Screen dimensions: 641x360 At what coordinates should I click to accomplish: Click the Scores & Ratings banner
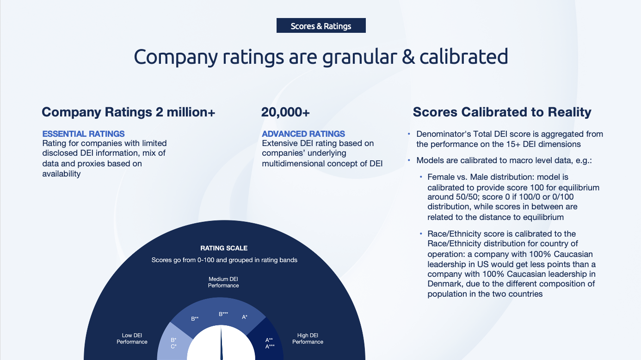click(321, 25)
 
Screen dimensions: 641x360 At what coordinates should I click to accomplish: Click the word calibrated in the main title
click(463, 57)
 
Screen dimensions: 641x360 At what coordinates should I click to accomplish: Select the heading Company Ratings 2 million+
click(128, 112)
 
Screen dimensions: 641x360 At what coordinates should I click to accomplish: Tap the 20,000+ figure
click(285, 112)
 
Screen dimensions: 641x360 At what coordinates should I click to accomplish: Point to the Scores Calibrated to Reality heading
click(502, 112)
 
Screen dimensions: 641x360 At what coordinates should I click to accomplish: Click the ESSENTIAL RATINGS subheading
click(83, 134)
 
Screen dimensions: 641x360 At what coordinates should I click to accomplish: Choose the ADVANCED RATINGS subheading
click(303, 134)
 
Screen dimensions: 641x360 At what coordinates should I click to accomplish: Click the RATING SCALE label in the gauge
click(224, 248)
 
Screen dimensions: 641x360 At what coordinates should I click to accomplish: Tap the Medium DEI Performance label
click(223, 282)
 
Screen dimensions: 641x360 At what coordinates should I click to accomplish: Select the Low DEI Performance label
click(132, 339)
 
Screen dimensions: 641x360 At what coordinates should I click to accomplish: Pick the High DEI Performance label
click(308, 339)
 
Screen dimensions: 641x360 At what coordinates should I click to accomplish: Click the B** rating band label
click(195, 318)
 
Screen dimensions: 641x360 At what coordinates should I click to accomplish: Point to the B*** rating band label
click(223, 314)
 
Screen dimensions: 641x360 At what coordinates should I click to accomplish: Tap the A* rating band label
click(245, 317)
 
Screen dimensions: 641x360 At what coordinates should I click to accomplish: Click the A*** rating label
click(270, 347)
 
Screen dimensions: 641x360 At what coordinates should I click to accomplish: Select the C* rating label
click(174, 347)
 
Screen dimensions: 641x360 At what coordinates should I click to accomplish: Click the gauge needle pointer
click(221, 343)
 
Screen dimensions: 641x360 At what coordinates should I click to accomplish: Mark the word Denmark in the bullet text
click(444, 284)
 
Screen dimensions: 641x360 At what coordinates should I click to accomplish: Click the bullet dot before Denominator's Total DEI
click(409, 134)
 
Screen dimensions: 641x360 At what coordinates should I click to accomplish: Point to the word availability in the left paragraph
click(62, 174)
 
